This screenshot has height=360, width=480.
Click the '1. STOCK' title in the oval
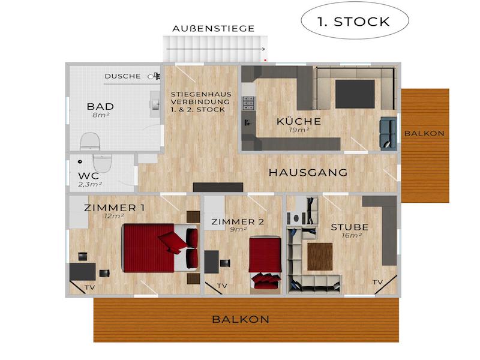[x=353, y=22]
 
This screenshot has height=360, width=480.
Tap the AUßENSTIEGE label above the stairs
[x=214, y=29]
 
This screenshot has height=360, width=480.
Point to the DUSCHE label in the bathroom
[x=123, y=76]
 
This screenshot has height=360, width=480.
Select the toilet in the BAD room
[x=90, y=142]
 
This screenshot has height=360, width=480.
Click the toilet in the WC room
[x=103, y=163]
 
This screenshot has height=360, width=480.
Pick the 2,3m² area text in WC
[x=90, y=185]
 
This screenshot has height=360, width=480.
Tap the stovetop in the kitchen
[x=248, y=103]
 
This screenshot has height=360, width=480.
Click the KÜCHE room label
[x=299, y=121]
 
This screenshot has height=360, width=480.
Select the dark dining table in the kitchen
[x=355, y=94]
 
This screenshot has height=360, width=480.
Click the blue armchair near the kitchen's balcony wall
[x=388, y=133]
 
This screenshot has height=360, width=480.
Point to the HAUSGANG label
[x=308, y=173]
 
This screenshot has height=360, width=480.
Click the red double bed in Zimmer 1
[x=160, y=248]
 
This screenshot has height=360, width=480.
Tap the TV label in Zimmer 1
[x=90, y=288]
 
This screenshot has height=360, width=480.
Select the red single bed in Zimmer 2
[x=265, y=262]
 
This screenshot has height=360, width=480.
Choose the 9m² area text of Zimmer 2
[x=238, y=229]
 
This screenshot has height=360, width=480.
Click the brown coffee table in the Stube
[x=320, y=257]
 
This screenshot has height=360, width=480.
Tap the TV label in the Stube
[x=378, y=282]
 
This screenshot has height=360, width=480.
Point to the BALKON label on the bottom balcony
[x=241, y=320]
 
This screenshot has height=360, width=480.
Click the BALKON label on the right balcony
[x=424, y=133]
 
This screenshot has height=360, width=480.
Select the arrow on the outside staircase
[x=216, y=49]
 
